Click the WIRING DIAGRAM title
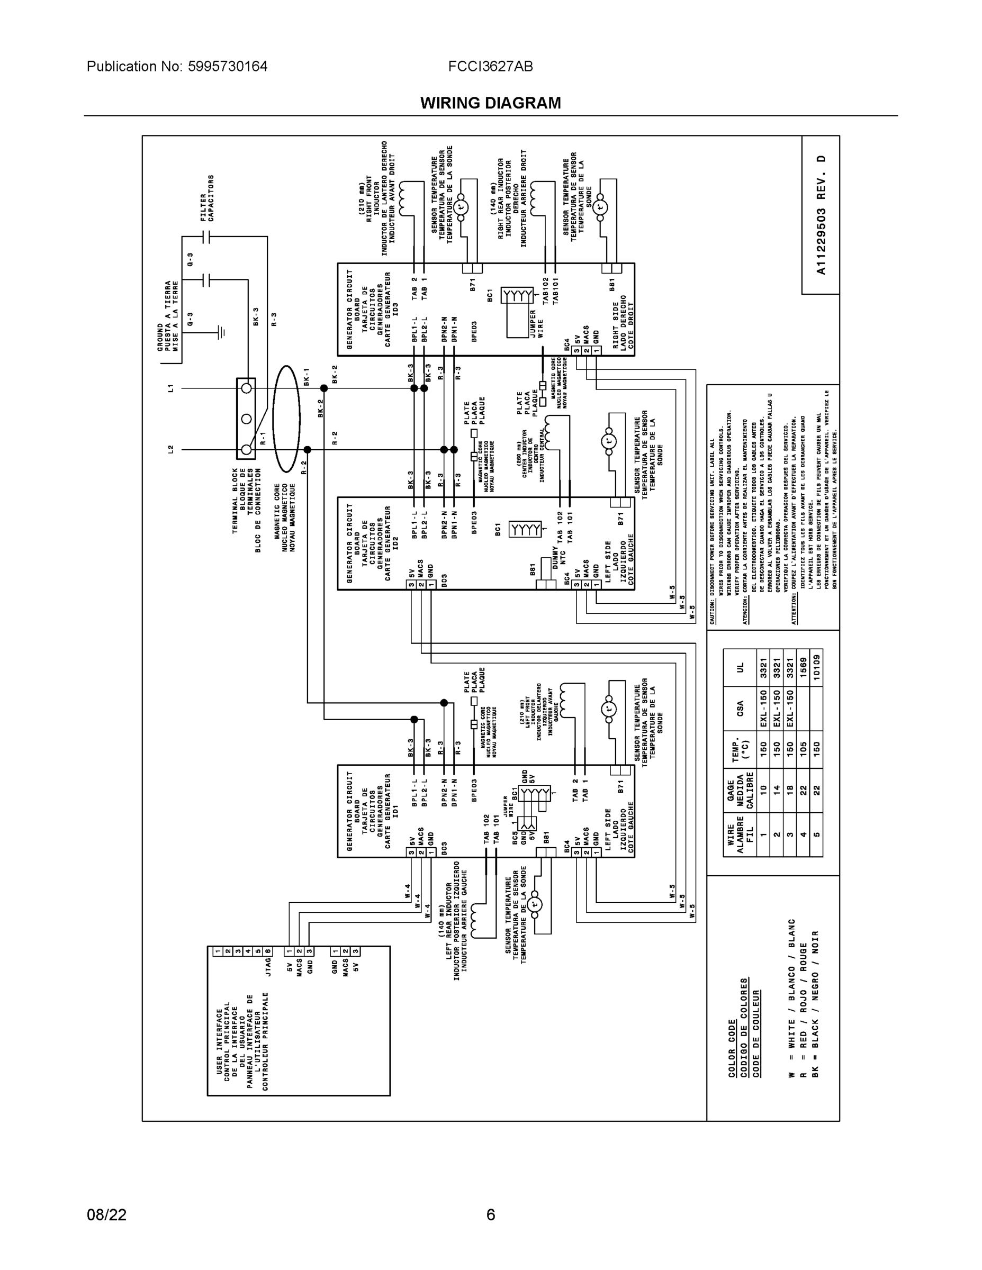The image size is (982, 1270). click(x=490, y=103)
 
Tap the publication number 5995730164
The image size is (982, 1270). click(x=228, y=66)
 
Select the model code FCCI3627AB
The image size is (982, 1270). click(x=490, y=66)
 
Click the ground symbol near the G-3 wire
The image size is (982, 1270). click(x=221, y=333)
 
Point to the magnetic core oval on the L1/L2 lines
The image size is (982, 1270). click(x=286, y=419)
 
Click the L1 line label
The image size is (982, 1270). click(x=170, y=388)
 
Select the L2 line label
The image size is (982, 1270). click(x=170, y=449)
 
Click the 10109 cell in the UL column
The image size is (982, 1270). click(x=816, y=667)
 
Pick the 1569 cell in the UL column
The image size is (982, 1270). click(x=803, y=667)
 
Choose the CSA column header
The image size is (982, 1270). click(x=740, y=708)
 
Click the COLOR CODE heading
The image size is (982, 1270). click(x=732, y=1048)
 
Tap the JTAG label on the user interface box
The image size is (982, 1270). click(x=268, y=968)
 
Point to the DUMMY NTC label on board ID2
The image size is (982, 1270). click(x=559, y=557)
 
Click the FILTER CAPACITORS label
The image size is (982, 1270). click(x=207, y=198)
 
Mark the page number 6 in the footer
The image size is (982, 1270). click(x=490, y=1215)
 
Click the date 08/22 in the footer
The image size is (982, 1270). click(x=106, y=1215)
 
